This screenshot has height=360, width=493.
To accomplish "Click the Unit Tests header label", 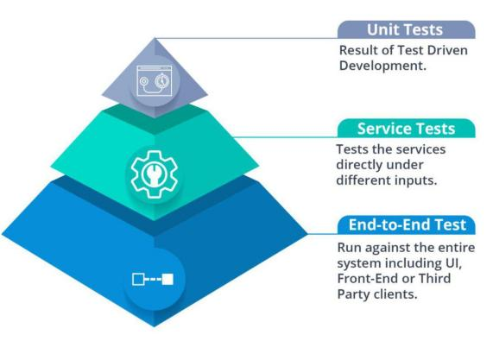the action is [x=405, y=30].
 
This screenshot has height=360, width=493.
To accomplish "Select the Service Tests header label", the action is [x=406, y=129].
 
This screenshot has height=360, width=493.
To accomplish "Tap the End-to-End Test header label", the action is [x=408, y=224].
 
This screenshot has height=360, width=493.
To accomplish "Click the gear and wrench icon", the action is [x=154, y=174].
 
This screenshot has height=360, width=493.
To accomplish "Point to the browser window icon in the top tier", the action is [x=155, y=80].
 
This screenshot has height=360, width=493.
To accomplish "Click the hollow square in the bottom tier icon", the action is [x=138, y=279].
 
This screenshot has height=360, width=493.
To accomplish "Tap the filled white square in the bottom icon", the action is [x=167, y=279].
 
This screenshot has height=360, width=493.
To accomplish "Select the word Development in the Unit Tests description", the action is [x=382, y=66].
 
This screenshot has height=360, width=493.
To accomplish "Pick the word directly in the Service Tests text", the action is [x=359, y=165].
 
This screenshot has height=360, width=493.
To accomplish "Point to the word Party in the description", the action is [x=354, y=295].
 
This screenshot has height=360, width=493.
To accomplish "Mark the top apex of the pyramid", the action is [x=155, y=38].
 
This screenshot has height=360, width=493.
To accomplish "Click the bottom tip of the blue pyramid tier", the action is [x=154, y=326].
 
